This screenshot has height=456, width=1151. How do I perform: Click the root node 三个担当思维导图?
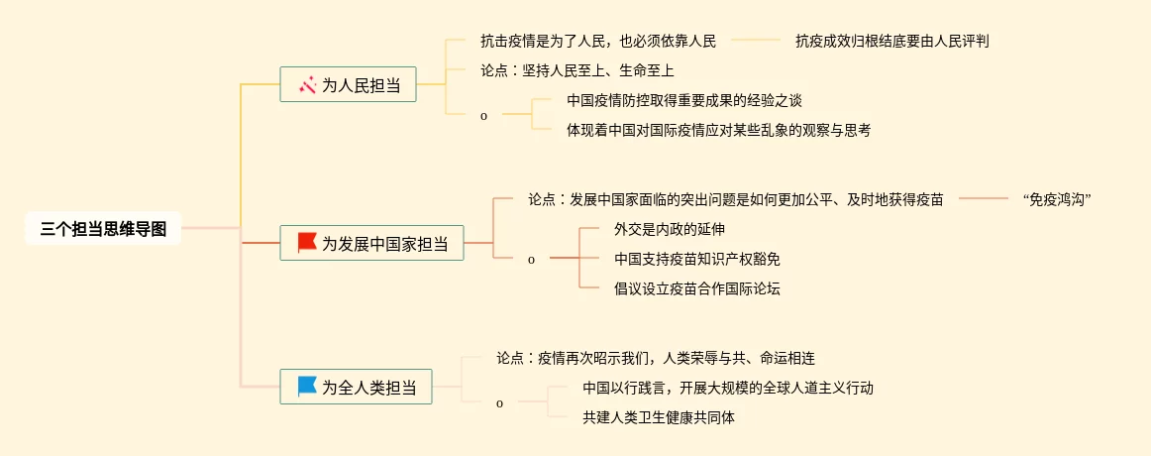coord(103,228)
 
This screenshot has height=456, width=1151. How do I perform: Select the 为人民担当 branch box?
coord(348,85)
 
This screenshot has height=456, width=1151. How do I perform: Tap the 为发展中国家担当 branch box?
coord(371,243)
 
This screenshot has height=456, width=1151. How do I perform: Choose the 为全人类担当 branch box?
coord(356,387)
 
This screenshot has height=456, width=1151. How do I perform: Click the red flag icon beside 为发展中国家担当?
coord(307,242)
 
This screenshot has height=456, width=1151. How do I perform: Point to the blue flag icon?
coord(307,387)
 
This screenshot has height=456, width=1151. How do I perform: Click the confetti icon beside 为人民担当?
coord(307,85)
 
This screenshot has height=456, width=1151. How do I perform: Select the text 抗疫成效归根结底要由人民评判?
coord(892,41)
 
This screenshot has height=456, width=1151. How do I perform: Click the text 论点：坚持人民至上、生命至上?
coord(577,70)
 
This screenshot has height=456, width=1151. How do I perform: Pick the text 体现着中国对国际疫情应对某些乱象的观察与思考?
coord(718,129)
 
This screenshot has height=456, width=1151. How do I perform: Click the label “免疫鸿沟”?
coord(1057,199)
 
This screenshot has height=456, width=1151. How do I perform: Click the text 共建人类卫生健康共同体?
coord(659,417)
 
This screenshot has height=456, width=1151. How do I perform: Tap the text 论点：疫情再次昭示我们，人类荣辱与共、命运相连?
coord(656,358)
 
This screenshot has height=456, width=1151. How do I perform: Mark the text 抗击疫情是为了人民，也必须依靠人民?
coord(597,41)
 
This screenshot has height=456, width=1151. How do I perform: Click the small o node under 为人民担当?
coord(483,116)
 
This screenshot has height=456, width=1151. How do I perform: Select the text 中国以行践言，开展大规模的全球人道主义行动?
coord(728,388)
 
